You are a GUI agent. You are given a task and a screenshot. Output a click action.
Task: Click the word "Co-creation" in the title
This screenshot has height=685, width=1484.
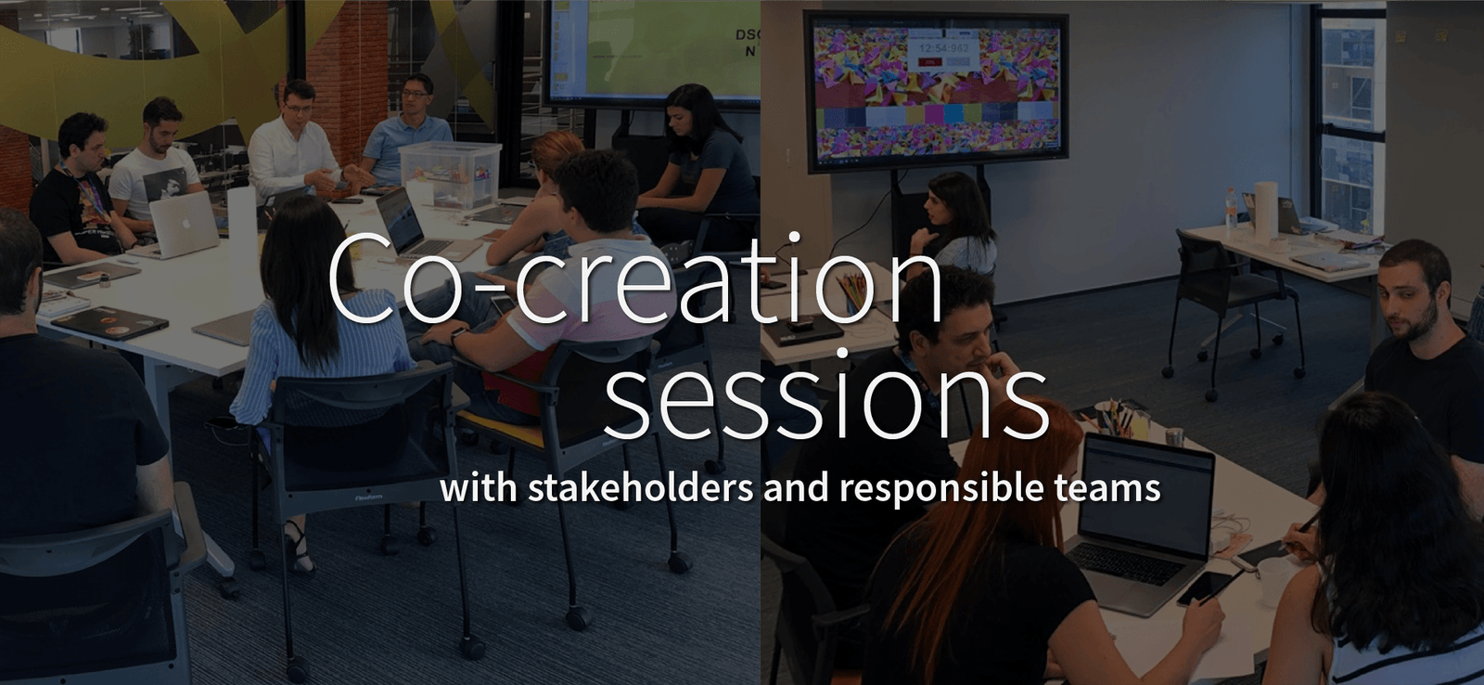pos(634,278)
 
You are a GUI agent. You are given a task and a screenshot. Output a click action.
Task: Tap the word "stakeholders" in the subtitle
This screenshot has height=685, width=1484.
pos(640,487)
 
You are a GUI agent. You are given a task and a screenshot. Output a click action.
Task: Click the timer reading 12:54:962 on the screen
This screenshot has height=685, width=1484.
pos(943,48)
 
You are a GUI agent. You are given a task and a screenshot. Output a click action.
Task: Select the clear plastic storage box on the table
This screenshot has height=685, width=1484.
pos(451,174)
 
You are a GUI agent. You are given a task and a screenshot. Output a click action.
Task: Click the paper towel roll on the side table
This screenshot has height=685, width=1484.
pos(1266,210)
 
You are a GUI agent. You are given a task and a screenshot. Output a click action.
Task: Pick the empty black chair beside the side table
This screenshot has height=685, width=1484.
pos(1233,305)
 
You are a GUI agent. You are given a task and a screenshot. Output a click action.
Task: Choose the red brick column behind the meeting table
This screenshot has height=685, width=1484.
pos(347,73)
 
